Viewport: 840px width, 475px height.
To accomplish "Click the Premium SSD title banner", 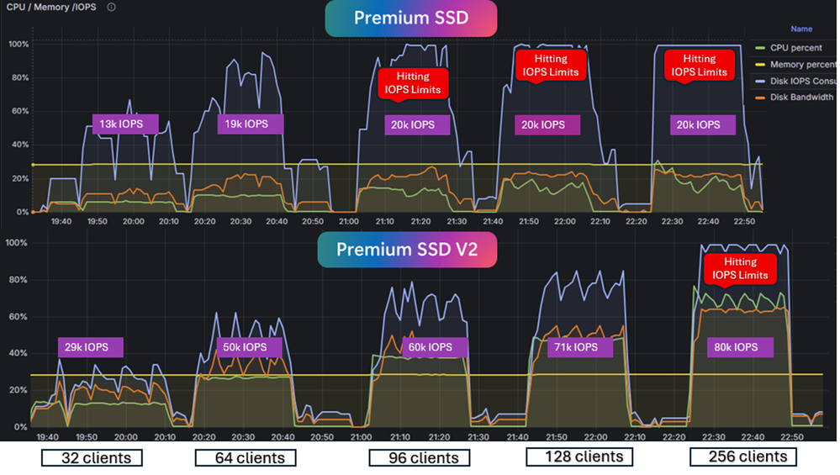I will point(410,18).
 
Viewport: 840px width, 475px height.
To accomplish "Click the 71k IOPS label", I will point(580,347).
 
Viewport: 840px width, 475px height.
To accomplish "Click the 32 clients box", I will point(92,458).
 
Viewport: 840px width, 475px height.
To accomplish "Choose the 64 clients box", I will point(245,458).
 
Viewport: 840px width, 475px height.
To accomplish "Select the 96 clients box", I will point(419,458).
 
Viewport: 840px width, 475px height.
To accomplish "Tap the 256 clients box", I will point(742,457).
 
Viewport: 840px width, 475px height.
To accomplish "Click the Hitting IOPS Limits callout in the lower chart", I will point(739,268).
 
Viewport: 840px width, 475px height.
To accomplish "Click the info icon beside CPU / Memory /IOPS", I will point(112,7).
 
